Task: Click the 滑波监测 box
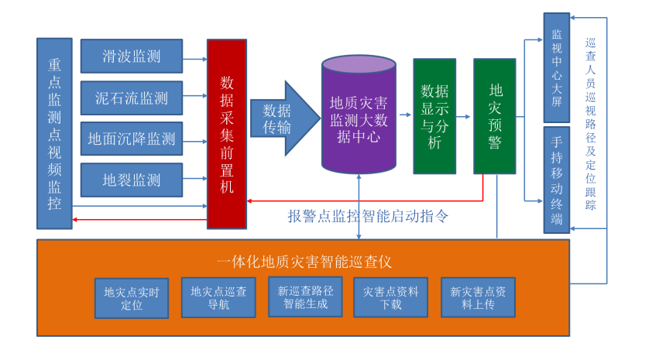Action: pyautogui.click(x=132, y=57)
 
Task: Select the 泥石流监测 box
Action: pyautogui.click(x=132, y=98)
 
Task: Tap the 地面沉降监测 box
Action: pyautogui.click(x=132, y=139)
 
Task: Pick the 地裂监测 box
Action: pyautogui.click(x=132, y=180)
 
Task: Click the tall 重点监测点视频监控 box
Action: pyautogui.click(x=54, y=133)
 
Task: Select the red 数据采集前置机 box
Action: pyautogui.click(x=227, y=133)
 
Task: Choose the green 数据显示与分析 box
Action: pyautogui.click(x=434, y=116)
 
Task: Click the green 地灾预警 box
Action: pyautogui.click(x=495, y=116)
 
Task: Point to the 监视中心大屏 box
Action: pyautogui.click(x=557, y=68)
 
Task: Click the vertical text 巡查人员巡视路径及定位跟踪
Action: pyautogui.click(x=592, y=124)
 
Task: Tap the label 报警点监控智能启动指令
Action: pyautogui.click(x=368, y=216)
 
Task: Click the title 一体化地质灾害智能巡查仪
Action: pyautogui.click(x=304, y=261)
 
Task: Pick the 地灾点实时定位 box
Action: pyautogui.click(x=132, y=298)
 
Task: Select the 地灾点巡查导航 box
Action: pyautogui.click(x=218, y=297)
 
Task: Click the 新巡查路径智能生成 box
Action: pyautogui.click(x=305, y=297)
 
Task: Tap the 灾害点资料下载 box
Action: pyautogui.click(x=391, y=297)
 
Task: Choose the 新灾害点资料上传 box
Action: pyautogui.click(x=478, y=297)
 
